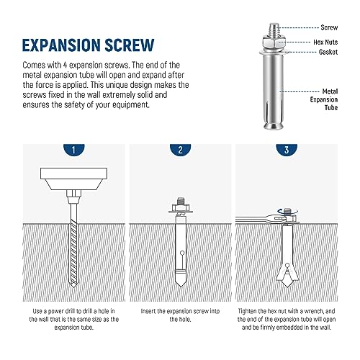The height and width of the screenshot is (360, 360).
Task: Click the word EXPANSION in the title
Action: point(69,44)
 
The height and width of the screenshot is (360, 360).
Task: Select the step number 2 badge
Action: point(180,151)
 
